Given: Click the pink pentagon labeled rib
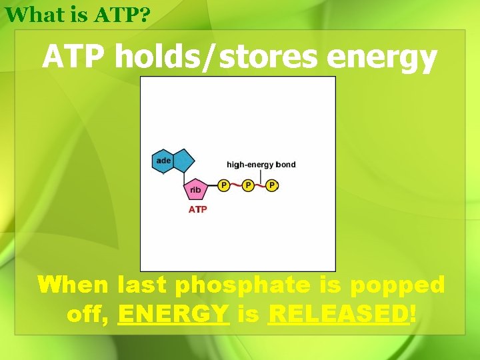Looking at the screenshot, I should click(x=195, y=189).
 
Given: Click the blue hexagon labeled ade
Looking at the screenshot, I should click(x=163, y=161).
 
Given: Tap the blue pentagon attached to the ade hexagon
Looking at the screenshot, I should click(x=184, y=160).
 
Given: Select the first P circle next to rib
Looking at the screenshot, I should click(x=224, y=185).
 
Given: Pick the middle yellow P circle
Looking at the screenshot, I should click(x=248, y=185).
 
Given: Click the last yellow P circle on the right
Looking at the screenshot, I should click(x=271, y=185).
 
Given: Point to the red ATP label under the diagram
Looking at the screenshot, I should click(x=198, y=209).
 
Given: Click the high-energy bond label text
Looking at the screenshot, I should click(x=261, y=165).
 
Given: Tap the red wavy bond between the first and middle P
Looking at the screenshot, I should click(x=236, y=185).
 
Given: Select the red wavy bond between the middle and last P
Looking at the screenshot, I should click(x=260, y=185).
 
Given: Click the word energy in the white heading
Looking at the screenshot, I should click(x=381, y=59).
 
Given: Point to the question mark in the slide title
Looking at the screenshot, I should click(x=144, y=14).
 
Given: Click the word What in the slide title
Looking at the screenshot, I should click(x=30, y=14).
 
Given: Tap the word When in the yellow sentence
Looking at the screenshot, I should click(x=73, y=286).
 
